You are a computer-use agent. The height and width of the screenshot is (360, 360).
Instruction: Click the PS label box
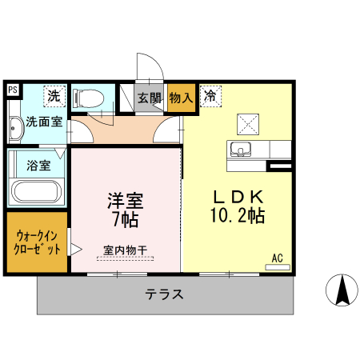(12, 90)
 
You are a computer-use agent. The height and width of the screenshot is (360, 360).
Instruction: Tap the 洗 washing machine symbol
(53, 96)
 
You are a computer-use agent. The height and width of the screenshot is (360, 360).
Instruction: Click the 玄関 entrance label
(150, 98)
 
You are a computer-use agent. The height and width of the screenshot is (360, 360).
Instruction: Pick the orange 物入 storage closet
(182, 98)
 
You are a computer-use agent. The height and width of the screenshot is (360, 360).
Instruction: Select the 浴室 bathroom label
(38, 166)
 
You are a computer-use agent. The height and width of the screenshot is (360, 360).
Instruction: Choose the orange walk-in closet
(37, 242)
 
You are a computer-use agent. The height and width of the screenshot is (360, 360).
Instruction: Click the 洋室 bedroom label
(126, 198)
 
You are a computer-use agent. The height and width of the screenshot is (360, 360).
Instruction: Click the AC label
(278, 258)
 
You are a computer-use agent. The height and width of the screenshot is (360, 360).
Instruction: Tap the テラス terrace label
(165, 294)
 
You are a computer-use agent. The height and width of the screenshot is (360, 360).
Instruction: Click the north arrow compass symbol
(343, 290)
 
